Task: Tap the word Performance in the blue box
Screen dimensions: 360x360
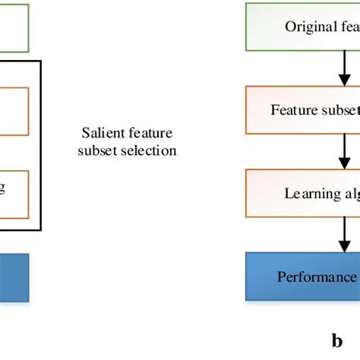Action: pyautogui.click(x=314, y=276)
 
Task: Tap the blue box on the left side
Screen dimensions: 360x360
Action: pyautogui.click(x=14, y=276)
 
